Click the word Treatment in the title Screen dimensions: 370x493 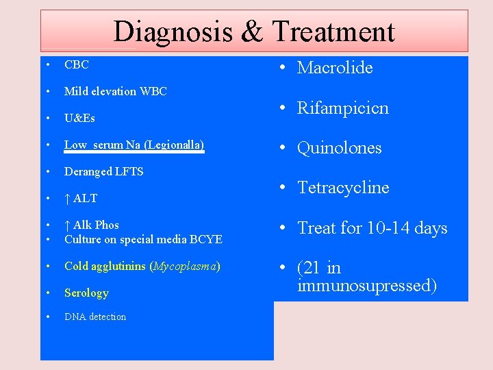333,32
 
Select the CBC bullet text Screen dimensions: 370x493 77,65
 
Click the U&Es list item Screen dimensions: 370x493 79,118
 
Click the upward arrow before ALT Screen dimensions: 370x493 67,198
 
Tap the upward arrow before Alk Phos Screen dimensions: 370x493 67,225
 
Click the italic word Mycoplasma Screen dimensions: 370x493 184,266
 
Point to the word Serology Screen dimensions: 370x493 86,293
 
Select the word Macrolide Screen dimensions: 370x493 335,67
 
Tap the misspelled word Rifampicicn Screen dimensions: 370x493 342,108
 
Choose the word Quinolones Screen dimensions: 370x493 340,147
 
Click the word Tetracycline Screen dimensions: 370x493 343,188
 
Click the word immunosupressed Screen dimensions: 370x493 367,285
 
